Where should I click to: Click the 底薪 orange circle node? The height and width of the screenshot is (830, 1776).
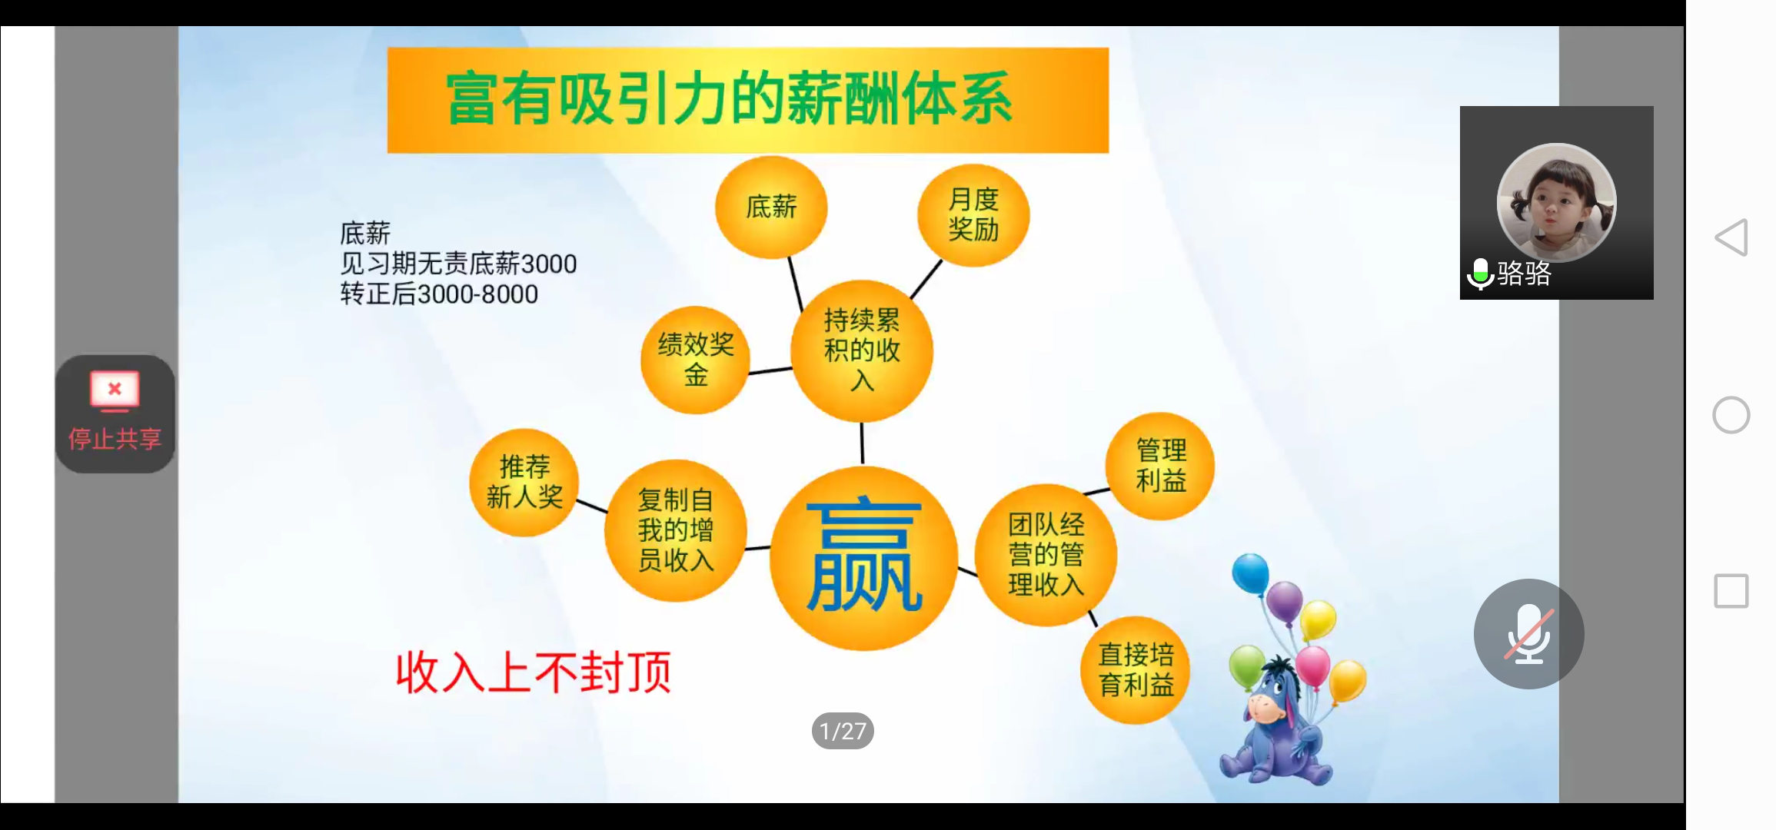tap(771, 207)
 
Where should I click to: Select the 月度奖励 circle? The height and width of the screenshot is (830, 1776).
tap(973, 214)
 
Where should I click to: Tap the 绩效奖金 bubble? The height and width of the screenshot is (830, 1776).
tap(695, 360)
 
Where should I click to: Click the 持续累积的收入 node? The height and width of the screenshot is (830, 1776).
tap(862, 350)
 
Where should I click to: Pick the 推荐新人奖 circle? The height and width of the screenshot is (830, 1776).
tap(524, 482)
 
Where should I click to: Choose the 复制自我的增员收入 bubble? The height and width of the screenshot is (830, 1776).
tap(675, 530)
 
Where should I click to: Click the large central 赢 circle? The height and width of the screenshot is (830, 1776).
tap(864, 558)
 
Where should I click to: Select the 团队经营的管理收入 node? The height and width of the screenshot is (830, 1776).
tap(1046, 555)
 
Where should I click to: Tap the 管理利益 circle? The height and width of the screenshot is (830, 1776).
tap(1160, 466)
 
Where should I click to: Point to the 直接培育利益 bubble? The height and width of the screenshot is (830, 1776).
tap(1136, 669)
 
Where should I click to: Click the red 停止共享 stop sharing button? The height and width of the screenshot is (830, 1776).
tap(115, 413)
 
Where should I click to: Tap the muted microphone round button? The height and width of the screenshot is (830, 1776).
tap(1528, 634)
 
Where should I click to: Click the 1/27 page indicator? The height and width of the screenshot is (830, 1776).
tap(843, 731)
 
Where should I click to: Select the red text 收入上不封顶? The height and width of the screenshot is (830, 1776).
tap(534, 672)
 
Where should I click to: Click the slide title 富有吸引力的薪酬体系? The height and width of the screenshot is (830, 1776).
tap(729, 99)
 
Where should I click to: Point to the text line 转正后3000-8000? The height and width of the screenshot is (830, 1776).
tap(439, 294)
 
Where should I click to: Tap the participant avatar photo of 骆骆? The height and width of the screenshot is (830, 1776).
tap(1557, 202)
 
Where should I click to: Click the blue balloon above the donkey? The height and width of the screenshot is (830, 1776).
tap(1250, 573)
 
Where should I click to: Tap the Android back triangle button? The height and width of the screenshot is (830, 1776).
tap(1731, 237)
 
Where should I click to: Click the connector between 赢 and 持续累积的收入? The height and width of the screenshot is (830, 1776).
tap(862, 443)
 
